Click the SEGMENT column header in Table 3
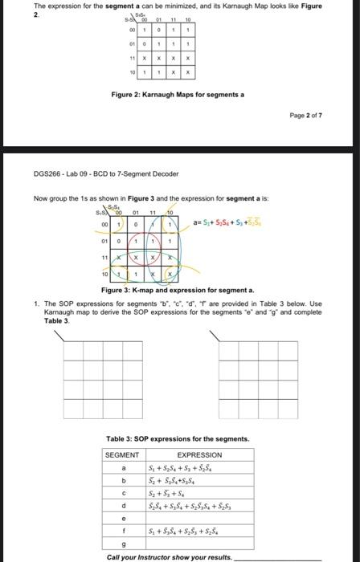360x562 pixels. tap(124, 454)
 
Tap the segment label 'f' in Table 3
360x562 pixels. tap(124, 531)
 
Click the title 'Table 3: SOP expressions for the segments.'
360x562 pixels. tap(178, 438)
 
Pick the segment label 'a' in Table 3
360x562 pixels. tap(124, 467)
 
